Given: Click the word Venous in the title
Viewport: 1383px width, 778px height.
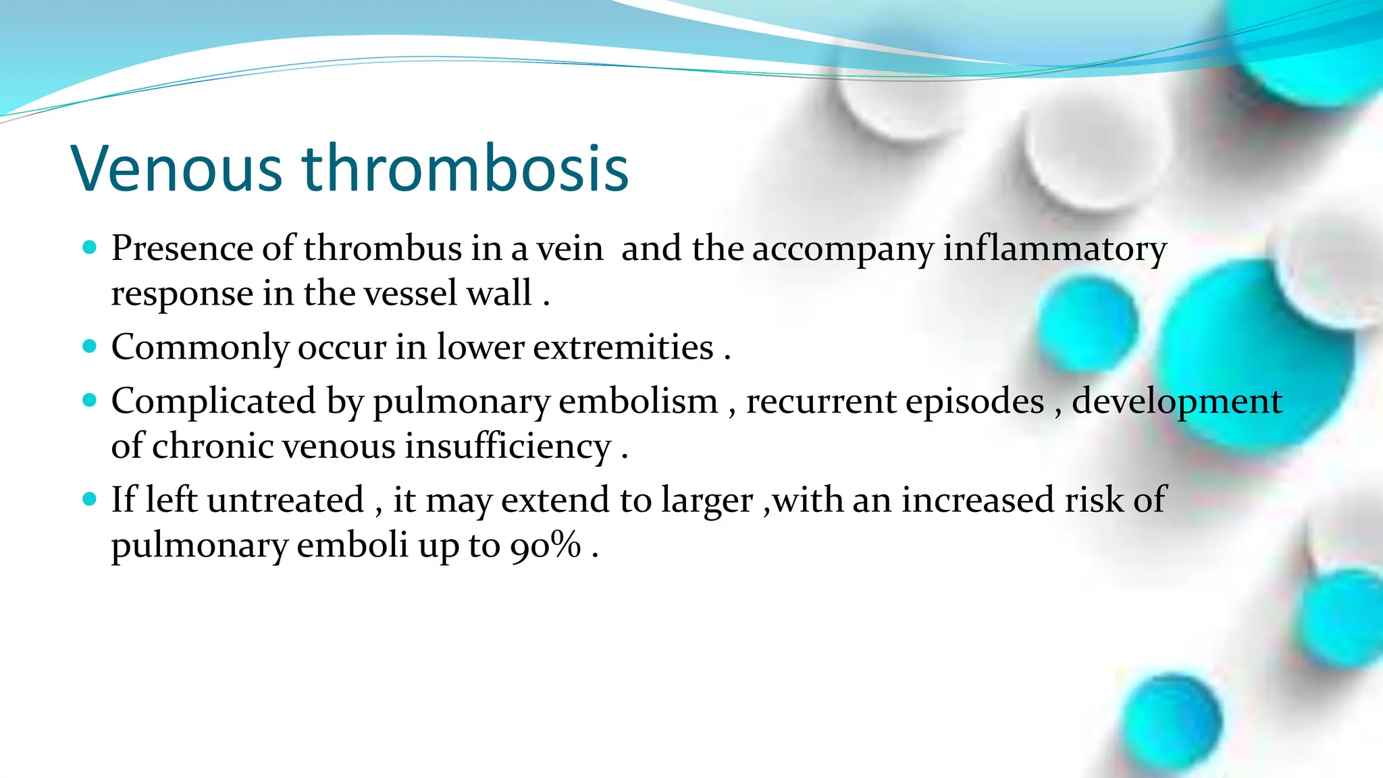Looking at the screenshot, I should (177, 168).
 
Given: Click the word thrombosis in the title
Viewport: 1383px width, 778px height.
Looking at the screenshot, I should (465, 168).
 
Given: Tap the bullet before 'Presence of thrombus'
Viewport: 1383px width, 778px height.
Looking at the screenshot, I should (89, 247).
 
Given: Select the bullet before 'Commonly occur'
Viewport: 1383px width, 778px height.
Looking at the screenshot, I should (89, 346).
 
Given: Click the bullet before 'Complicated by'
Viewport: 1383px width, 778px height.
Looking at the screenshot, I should (89, 400).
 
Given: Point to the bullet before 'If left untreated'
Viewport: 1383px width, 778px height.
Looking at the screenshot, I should (89, 500).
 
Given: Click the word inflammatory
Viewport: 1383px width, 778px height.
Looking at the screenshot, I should (1055, 249).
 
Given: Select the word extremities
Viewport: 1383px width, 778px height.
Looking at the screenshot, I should (623, 347).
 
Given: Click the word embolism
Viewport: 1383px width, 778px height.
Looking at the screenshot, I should (638, 401).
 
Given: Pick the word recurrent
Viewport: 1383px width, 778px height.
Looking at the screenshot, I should (822, 401).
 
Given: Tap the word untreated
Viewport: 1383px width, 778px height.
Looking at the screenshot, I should (286, 500).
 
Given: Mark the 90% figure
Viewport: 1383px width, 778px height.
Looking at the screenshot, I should (546, 545).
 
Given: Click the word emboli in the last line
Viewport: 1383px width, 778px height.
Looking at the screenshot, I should (353, 545).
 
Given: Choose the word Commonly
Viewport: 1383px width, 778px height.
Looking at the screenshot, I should (200, 348).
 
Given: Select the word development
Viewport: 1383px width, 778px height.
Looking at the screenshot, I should (1176, 403).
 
